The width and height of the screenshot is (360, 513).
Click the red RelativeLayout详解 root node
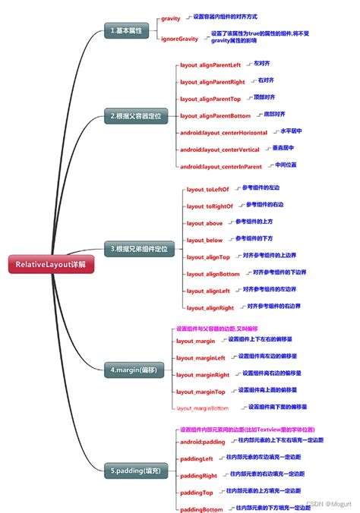(46, 264)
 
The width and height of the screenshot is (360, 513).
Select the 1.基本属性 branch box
(125, 31)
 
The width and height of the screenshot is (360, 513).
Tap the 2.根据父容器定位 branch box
(137, 116)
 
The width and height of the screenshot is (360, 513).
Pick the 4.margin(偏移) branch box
(132, 370)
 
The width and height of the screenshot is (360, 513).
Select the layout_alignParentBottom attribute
(215, 116)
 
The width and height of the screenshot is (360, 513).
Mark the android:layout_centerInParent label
(221, 166)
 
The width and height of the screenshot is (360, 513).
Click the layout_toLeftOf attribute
(208, 190)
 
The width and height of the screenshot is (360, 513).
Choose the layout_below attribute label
(204, 240)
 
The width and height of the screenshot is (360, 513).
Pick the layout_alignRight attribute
(210, 307)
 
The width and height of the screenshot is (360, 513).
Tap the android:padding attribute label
(202, 442)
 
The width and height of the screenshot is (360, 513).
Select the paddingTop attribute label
(197, 493)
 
